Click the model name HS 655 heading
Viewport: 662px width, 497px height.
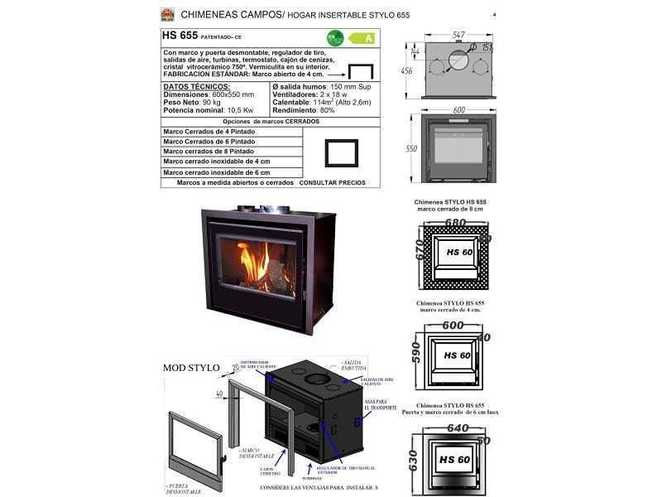coord(180,36)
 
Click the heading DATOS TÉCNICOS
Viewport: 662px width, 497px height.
coord(197,86)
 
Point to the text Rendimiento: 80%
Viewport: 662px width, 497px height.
coord(304,110)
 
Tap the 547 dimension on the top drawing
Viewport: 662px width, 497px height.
coord(458,36)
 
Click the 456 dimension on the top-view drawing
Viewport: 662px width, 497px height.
coord(406,71)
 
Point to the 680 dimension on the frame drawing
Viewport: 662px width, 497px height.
coord(454,222)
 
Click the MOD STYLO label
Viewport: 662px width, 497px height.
coord(191,368)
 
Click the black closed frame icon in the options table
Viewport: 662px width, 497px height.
coord(341,152)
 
